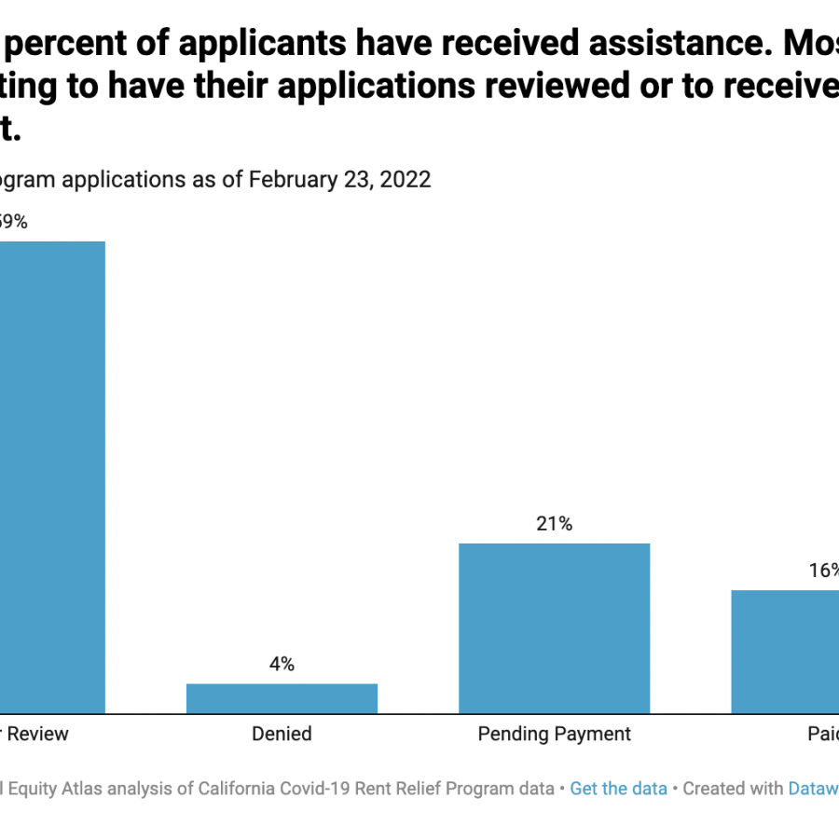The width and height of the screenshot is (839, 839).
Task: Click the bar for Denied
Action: click(x=282, y=698)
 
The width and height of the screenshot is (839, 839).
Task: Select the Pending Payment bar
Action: click(x=554, y=628)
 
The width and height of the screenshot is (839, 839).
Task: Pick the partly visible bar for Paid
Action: click(x=785, y=652)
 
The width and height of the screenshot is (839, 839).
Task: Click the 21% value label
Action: click(x=554, y=524)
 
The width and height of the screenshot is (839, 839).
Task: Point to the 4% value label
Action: click(x=282, y=664)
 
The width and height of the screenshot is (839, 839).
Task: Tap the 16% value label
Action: click(x=823, y=571)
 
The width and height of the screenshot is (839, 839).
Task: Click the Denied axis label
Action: click(x=282, y=734)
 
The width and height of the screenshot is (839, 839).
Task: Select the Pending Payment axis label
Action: click(x=554, y=734)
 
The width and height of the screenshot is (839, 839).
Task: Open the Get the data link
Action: click(x=618, y=789)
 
